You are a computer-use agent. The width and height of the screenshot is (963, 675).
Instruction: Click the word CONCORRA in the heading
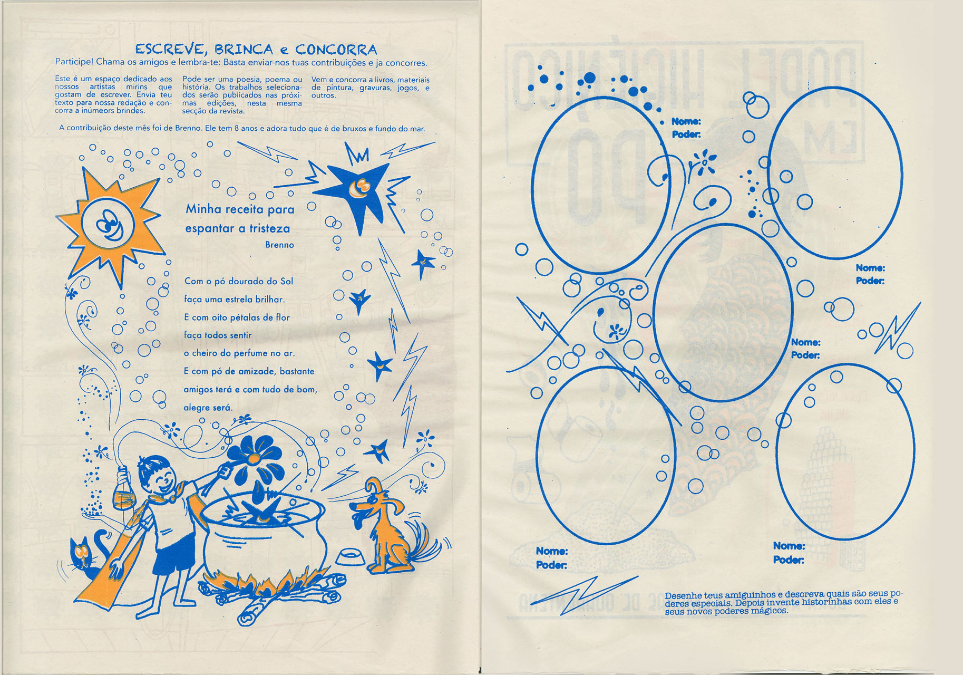point(336,50)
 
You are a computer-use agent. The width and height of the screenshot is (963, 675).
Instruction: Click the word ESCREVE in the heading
point(169,50)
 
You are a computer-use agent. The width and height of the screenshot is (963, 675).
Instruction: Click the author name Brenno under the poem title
point(279,245)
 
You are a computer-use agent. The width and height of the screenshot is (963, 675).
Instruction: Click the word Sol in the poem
point(287,281)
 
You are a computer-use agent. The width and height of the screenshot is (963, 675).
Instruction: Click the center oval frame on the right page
point(723,312)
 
